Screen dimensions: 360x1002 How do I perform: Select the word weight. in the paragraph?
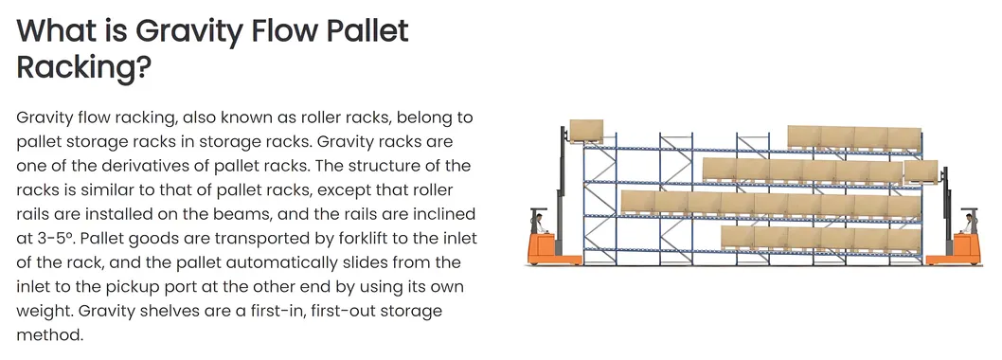click(x=46, y=311)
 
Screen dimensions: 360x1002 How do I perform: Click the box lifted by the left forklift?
click(x=586, y=130)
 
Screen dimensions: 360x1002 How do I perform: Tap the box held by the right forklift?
click(x=921, y=172)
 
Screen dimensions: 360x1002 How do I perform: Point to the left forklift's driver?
click(x=539, y=225)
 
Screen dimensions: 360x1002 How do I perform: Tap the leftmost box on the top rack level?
click(x=803, y=137)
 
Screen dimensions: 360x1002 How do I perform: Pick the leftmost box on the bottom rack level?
click(x=738, y=237)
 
